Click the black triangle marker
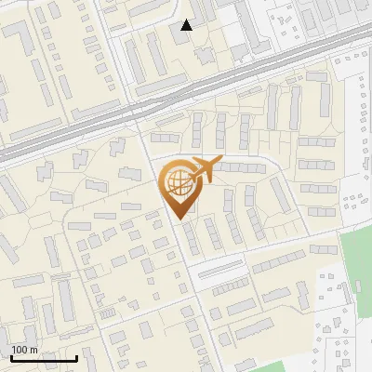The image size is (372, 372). (x=187, y=25)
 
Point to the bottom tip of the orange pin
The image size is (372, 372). (x=177, y=219)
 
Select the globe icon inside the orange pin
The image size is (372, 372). (x=177, y=182)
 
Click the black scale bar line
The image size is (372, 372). (x=44, y=358)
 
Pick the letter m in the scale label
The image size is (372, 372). (x=33, y=350)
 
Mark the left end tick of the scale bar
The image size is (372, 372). (x=11, y=356)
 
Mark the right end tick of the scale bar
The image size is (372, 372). (x=76, y=356)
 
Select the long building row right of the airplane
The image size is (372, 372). (x=244, y=168)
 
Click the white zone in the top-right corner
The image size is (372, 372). (x=353, y=19)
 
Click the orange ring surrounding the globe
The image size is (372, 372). (x=164, y=177)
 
